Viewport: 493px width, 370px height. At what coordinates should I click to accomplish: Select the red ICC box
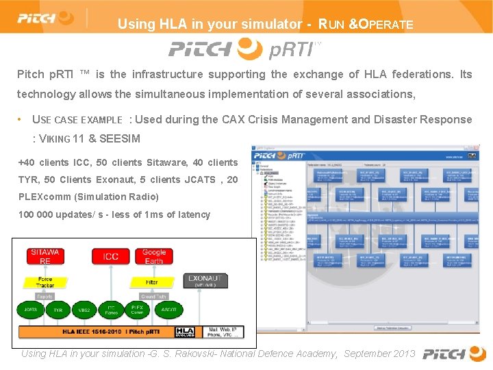(110, 257)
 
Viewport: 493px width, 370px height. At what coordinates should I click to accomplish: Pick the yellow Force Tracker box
(45, 281)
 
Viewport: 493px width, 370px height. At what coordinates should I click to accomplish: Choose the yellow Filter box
(152, 282)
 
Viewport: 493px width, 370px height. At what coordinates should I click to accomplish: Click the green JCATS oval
(31, 310)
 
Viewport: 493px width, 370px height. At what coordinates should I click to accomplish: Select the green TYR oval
(58, 310)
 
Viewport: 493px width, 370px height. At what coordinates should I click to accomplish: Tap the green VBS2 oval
(84, 310)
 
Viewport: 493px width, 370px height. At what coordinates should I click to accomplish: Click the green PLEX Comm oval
(137, 310)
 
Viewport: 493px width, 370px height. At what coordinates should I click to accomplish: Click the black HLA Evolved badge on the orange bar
(185, 332)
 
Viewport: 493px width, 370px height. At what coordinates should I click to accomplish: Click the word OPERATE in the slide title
(387, 25)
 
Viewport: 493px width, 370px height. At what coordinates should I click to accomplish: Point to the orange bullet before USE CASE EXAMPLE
(22, 119)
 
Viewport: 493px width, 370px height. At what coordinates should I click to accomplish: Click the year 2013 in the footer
(403, 354)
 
